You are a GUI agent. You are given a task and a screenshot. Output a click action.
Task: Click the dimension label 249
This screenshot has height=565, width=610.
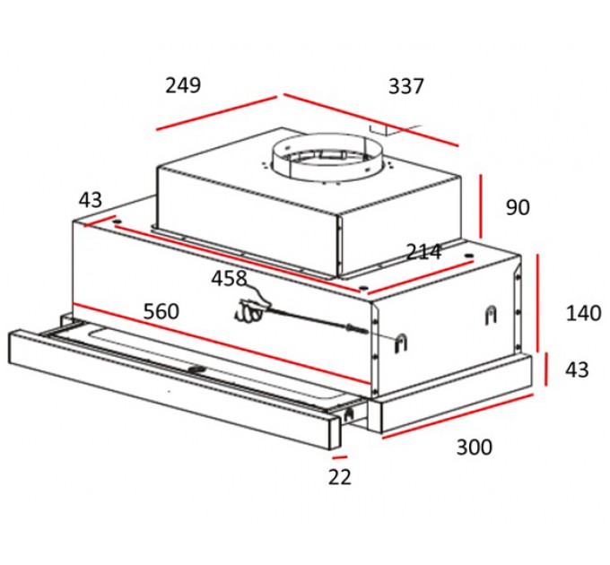click(183, 86)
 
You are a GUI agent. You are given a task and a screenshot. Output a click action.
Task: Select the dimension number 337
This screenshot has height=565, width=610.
click(405, 87)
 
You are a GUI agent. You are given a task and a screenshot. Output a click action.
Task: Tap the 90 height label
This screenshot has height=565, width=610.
click(518, 208)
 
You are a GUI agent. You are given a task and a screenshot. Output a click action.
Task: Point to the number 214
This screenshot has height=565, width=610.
click(423, 252)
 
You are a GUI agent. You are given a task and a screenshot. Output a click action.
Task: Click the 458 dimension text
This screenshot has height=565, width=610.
click(229, 278)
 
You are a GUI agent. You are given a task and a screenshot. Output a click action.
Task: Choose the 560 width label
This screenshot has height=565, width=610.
click(161, 311)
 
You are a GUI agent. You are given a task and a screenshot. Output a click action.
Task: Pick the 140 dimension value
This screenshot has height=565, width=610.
click(583, 313)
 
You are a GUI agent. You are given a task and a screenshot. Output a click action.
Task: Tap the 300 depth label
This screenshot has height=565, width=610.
click(474, 447)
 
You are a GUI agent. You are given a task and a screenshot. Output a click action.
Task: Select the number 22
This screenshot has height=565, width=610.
click(339, 477)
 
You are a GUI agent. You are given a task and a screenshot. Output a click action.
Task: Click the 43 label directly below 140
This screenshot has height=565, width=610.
click(578, 369)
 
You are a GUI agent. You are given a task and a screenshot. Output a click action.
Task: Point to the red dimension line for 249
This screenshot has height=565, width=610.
click(218, 113)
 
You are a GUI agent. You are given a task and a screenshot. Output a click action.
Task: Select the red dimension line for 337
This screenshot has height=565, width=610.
click(370, 119)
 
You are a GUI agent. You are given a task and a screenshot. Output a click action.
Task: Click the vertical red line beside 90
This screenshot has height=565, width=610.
click(482, 207)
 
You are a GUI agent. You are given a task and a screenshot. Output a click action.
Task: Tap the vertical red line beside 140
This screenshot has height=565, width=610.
click(538, 304)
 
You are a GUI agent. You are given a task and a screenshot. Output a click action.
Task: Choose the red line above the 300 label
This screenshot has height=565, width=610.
click(457, 413)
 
